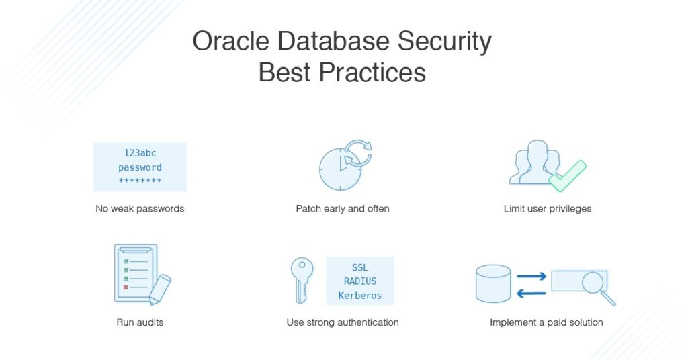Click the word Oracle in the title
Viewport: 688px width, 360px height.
pos(231,41)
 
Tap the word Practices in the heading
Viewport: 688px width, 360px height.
pos(372,73)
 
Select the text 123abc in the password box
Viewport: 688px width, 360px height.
pos(140,153)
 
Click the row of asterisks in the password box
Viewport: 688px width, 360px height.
pos(140,181)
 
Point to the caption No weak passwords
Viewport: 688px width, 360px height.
pos(140,209)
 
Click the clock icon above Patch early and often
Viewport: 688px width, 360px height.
pos(340,169)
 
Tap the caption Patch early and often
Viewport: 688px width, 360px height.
pos(343,209)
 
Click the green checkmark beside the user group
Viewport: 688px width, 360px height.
pos(568,176)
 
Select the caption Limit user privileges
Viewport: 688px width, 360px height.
pos(548,209)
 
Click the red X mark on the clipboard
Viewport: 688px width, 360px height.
pos(126,287)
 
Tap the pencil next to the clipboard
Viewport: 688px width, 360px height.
pos(159,289)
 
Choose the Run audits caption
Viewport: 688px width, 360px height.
pos(140,322)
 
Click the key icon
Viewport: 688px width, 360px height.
pos(302,279)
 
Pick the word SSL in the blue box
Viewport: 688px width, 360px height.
pos(360,267)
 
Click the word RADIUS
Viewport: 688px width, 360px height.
pos(360,281)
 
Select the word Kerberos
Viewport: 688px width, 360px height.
pos(360,296)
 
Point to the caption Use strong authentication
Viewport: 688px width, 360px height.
pos(343,322)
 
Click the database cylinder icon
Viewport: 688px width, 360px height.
pos(493,283)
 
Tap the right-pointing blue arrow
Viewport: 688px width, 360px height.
pos(531,276)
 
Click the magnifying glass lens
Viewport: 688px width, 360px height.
pos(593,282)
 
